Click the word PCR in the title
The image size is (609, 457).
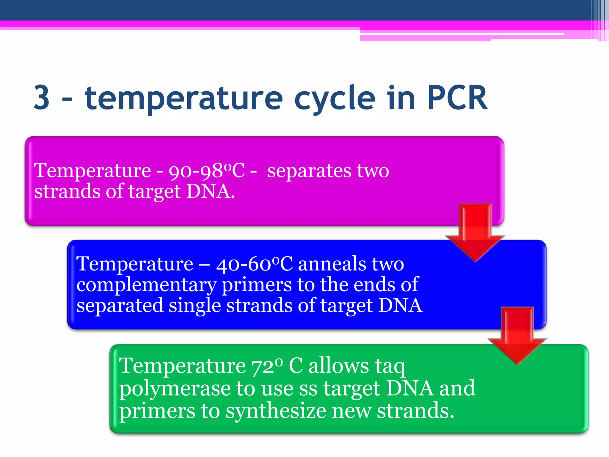click(457, 98)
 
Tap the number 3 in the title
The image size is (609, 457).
click(42, 98)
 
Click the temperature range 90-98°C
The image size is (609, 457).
click(207, 171)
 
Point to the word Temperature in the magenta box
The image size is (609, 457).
click(92, 171)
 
